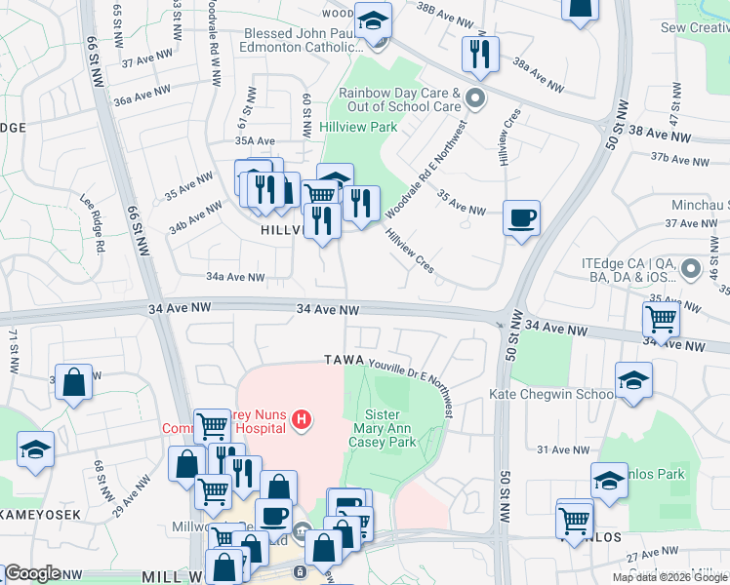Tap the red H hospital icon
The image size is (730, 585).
pyautogui.click(x=303, y=420)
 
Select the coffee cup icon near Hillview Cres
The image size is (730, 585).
pyautogui.click(x=521, y=216)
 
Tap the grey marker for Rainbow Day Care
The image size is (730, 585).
pyautogui.click(x=475, y=97)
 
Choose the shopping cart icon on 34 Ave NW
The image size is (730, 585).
pyautogui.click(x=662, y=319)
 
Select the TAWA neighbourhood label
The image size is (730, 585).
pyautogui.click(x=345, y=360)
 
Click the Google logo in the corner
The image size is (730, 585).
pyautogui.click(x=32, y=573)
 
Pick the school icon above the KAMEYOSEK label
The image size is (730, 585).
pyautogui.click(x=36, y=448)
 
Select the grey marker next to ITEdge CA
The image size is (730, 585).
pyautogui.click(x=692, y=267)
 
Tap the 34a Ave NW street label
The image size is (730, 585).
pyautogui.click(x=235, y=277)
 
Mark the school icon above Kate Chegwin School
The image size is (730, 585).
pyautogui.click(x=633, y=378)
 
